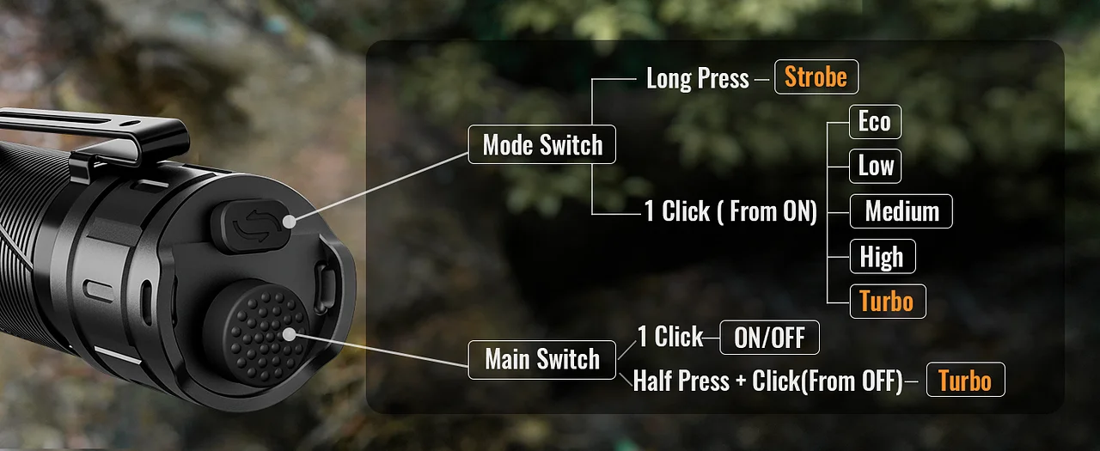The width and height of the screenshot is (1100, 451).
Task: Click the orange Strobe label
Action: [x=816, y=77]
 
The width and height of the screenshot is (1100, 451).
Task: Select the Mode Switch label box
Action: [x=541, y=144]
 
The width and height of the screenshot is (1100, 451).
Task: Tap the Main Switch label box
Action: [x=541, y=360]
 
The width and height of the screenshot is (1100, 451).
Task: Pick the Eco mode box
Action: [x=875, y=122]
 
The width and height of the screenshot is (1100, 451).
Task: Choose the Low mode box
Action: [x=875, y=166]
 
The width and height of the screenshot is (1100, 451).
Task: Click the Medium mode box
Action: [x=901, y=211]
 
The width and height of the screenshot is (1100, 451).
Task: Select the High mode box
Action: [x=883, y=256]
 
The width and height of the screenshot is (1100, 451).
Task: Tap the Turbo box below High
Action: [x=888, y=302]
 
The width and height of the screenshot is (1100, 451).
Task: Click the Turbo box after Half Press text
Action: [x=965, y=380]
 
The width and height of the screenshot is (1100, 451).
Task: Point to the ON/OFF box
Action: [x=769, y=338]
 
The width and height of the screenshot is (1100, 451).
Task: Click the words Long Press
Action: [x=697, y=78]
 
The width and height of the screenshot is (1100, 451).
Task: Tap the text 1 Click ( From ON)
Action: [x=730, y=211]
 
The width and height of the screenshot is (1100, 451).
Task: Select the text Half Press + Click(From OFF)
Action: [x=767, y=381]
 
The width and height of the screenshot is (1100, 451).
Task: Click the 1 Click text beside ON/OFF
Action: [x=670, y=337]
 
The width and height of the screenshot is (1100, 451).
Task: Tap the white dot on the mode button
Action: [x=290, y=222]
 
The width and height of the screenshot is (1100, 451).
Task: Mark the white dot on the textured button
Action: [x=290, y=335]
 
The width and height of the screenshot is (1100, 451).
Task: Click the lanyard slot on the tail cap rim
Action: [x=324, y=287]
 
